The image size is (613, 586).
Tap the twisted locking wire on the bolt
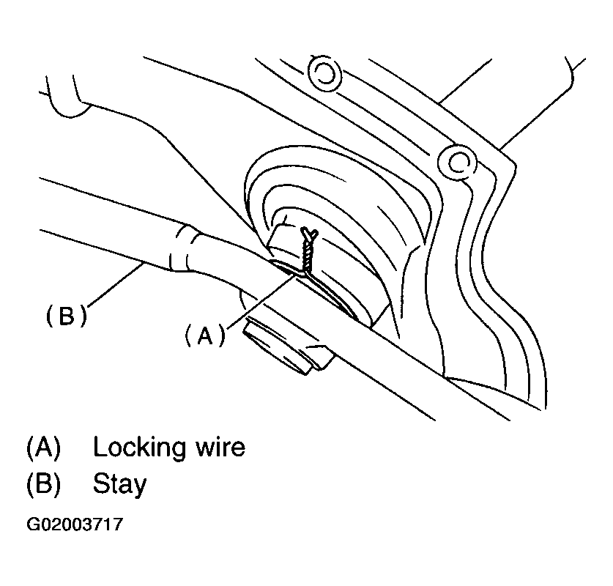click(305, 250)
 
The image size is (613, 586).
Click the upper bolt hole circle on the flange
click(323, 73)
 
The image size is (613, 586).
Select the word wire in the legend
click(219, 447)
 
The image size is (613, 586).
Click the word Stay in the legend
click(119, 483)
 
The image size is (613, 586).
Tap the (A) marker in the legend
click(43, 447)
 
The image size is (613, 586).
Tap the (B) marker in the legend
click(43, 483)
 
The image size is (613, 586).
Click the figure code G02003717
click(75, 525)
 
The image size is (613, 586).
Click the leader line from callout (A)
click(256, 300)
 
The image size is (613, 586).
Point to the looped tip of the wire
click(310, 234)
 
